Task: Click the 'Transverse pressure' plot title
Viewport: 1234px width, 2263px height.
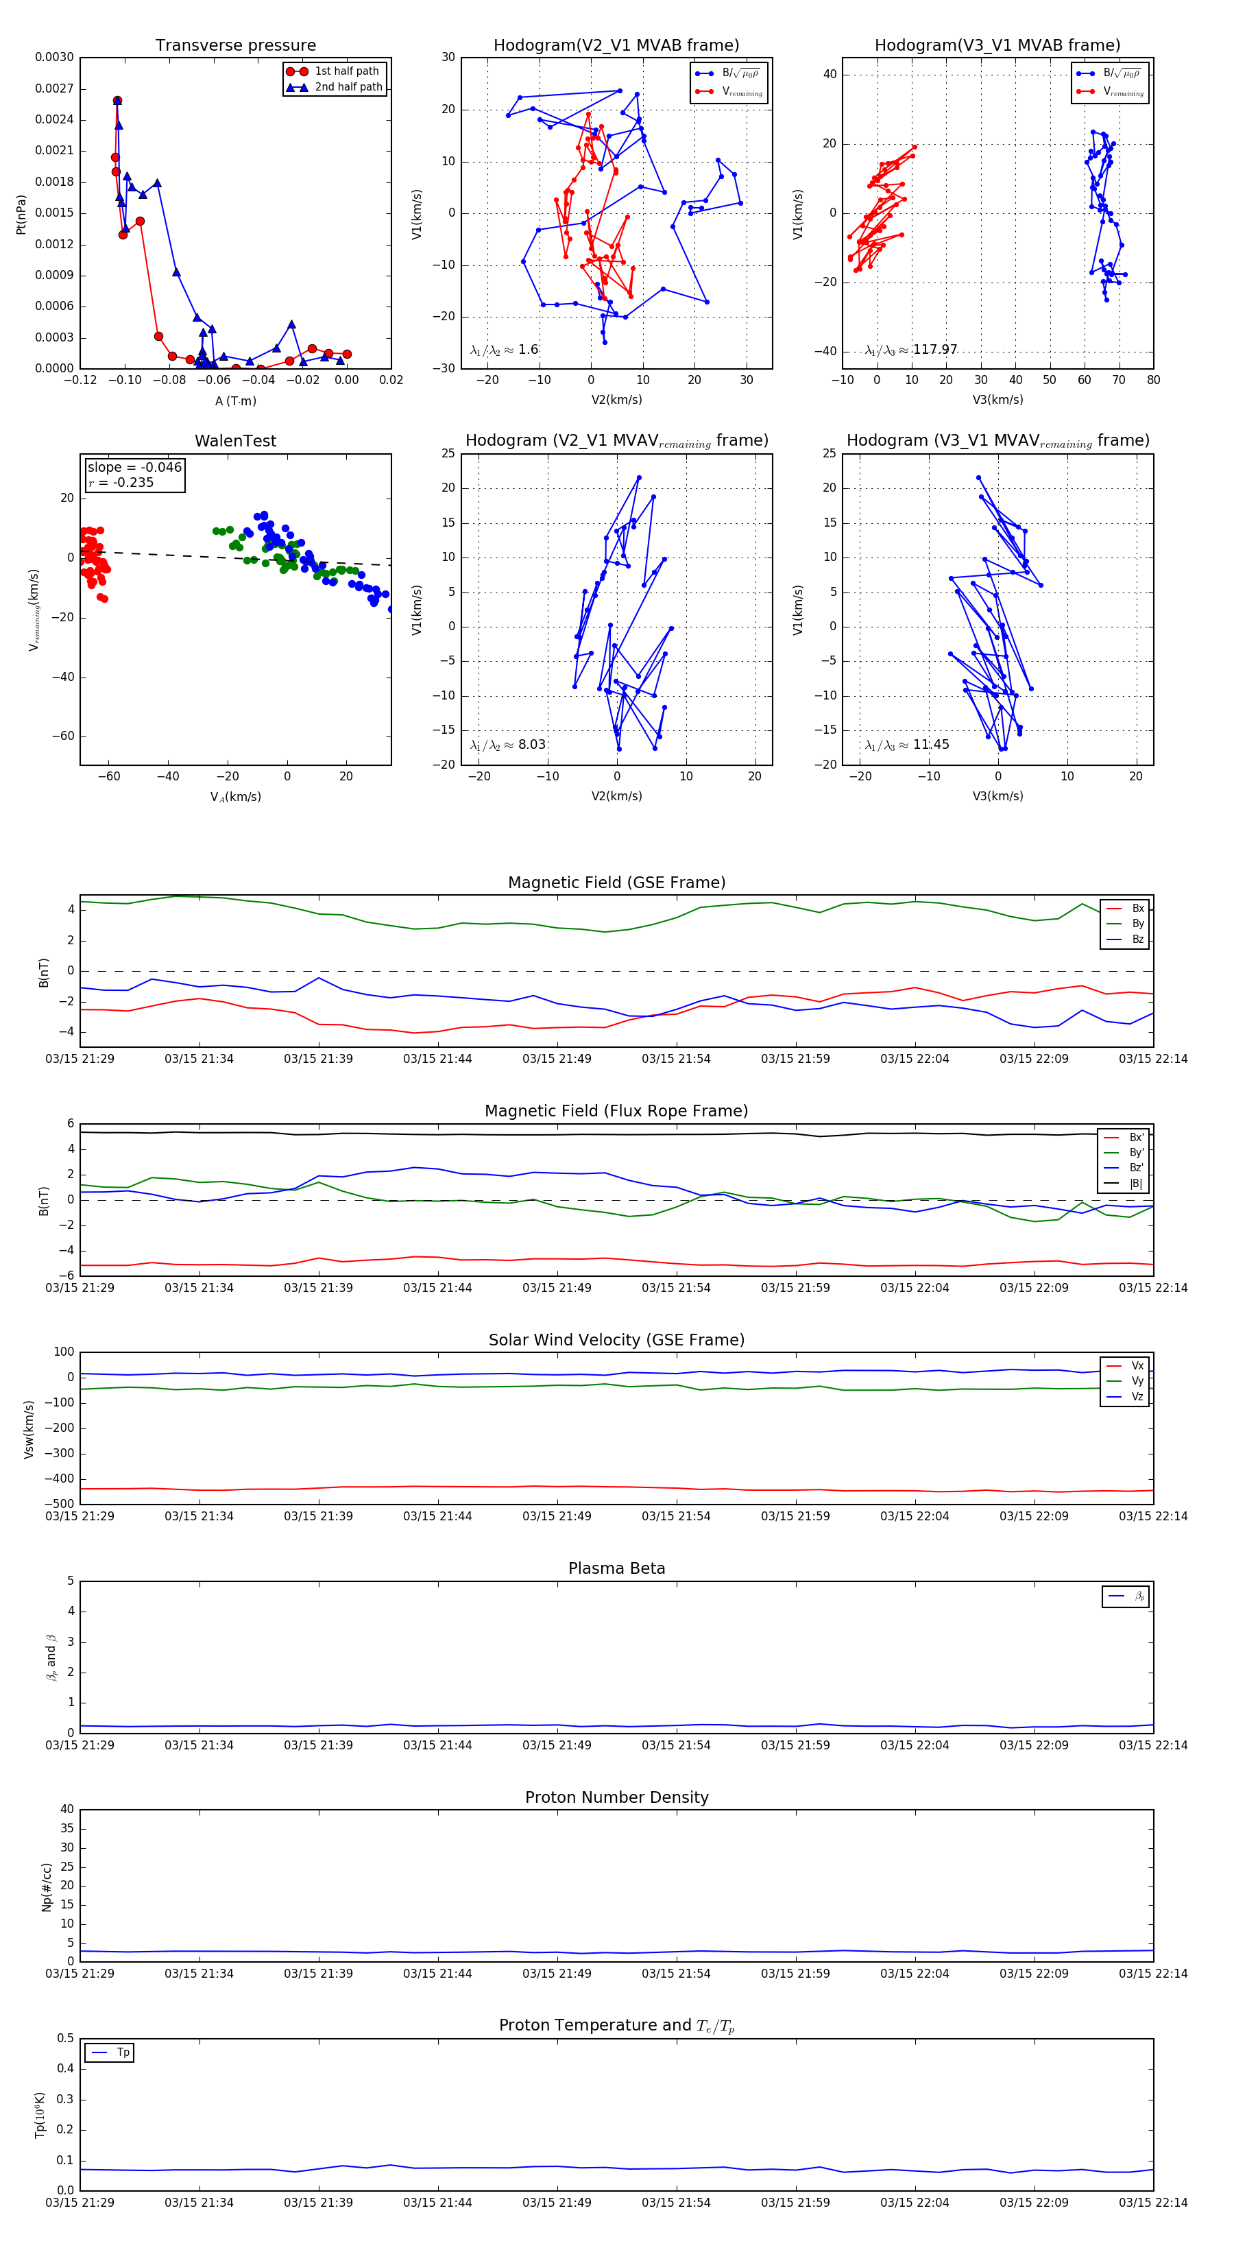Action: pyautogui.click(x=235, y=46)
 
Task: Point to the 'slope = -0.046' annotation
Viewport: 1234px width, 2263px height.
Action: pyautogui.click(x=134, y=468)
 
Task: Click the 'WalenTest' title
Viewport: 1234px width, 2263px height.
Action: pyautogui.click(x=235, y=441)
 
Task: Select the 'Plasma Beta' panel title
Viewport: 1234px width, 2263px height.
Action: pyautogui.click(x=616, y=1569)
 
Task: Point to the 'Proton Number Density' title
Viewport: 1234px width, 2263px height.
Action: pyautogui.click(x=616, y=1797)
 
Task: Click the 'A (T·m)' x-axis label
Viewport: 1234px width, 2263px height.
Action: pyautogui.click(x=235, y=401)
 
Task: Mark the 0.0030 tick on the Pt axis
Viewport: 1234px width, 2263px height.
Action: pyautogui.click(x=54, y=57)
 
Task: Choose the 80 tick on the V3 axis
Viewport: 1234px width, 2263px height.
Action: pyautogui.click(x=1153, y=381)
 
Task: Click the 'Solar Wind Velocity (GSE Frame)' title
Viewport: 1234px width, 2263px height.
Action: pyautogui.click(x=616, y=1341)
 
